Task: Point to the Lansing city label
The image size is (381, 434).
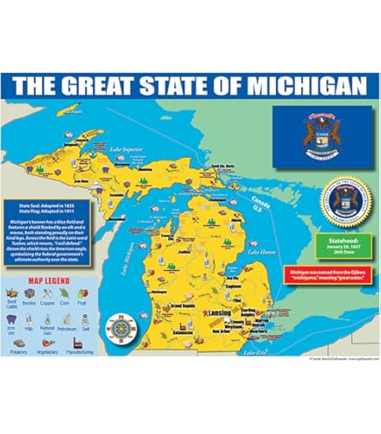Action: tap(223, 314)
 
